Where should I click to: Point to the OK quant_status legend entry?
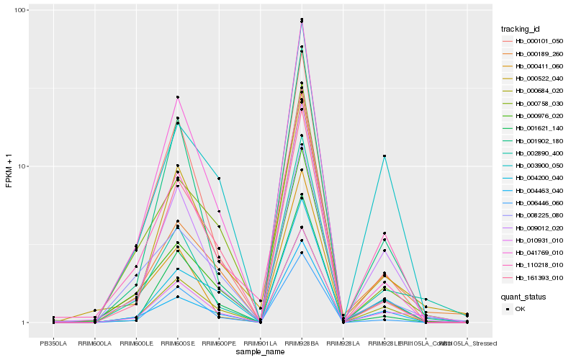click(525, 309)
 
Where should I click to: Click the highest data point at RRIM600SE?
click(177, 97)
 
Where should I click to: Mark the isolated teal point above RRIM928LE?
click(385, 156)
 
